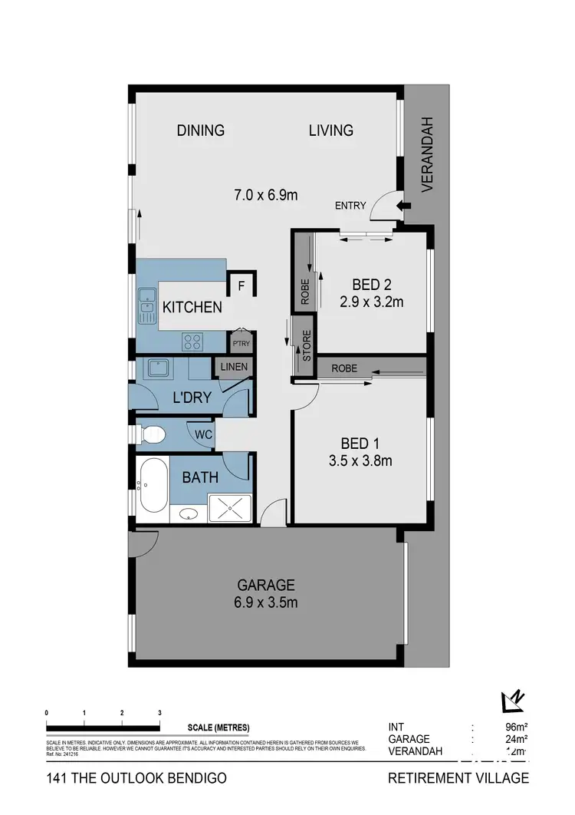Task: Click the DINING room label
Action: (x=201, y=130)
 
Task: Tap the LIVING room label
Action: (x=331, y=130)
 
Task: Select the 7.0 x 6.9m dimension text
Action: (x=266, y=196)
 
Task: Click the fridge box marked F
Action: (x=241, y=286)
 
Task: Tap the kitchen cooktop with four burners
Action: (x=192, y=341)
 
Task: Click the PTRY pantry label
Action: (x=240, y=342)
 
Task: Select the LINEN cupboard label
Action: (x=234, y=367)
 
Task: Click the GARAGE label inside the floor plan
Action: (x=266, y=585)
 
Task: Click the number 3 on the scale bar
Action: (x=159, y=713)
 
